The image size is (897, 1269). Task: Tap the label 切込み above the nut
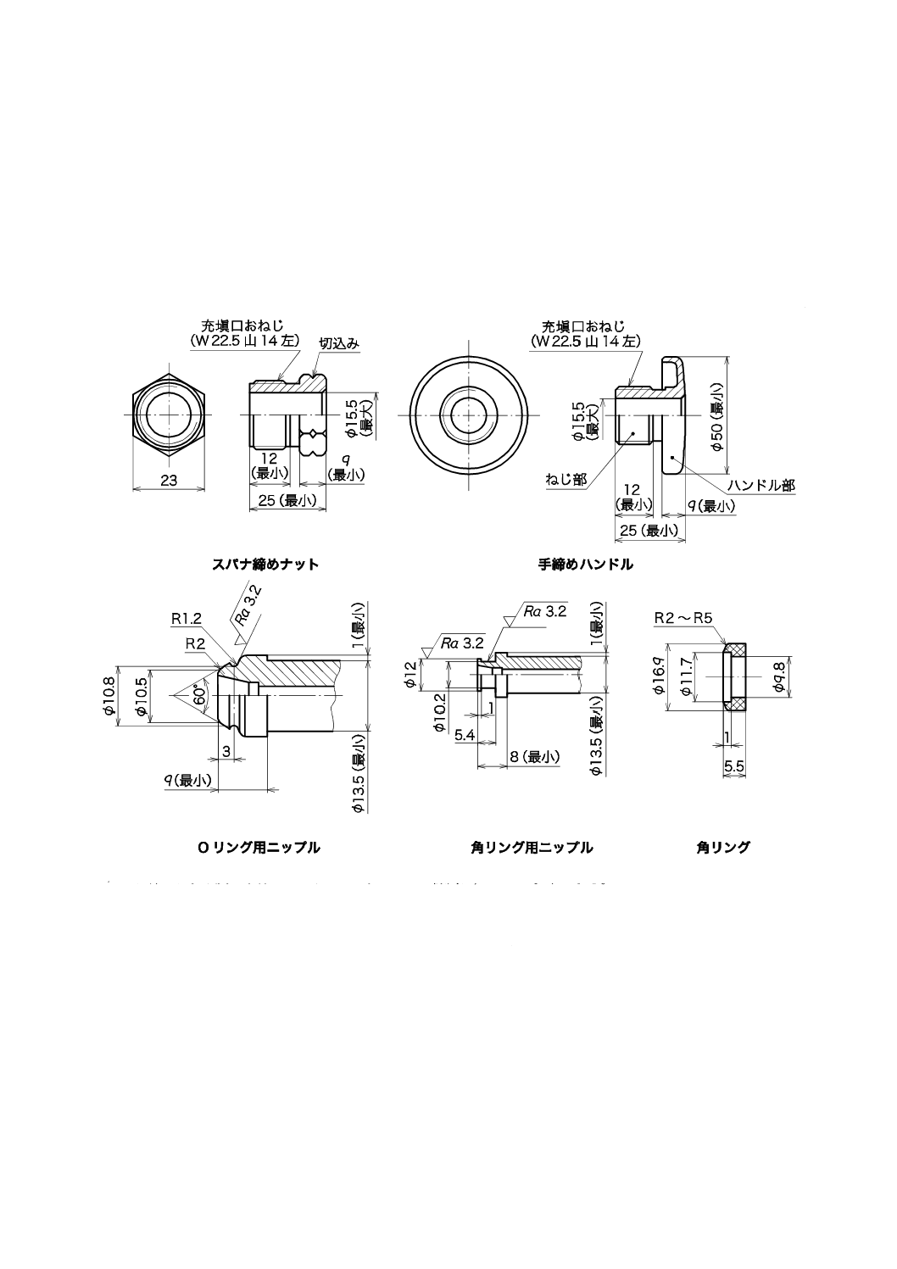pos(339,343)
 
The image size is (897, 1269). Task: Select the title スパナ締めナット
pos(265,564)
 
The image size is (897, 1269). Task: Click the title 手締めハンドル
pos(585,564)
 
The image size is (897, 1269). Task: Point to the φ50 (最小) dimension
pos(718,416)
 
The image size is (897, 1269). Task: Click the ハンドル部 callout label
pos(761,486)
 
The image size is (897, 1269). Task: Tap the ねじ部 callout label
pos(565,480)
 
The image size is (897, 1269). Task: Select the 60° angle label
pos(199,694)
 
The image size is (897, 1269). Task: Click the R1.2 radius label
pos(187,618)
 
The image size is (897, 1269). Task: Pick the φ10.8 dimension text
pos(108,694)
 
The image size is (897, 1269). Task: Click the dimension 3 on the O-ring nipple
pos(226,751)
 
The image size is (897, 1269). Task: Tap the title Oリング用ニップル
pos(259,847)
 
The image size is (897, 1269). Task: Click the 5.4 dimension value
pos(465,735)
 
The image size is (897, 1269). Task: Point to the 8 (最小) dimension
pos(534,756)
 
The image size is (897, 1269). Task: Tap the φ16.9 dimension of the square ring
pos(659,677)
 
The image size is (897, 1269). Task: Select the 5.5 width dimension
pos(734,765)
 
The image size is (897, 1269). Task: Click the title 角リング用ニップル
pos(532,847)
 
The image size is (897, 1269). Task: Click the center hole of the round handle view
pos(467,414)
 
